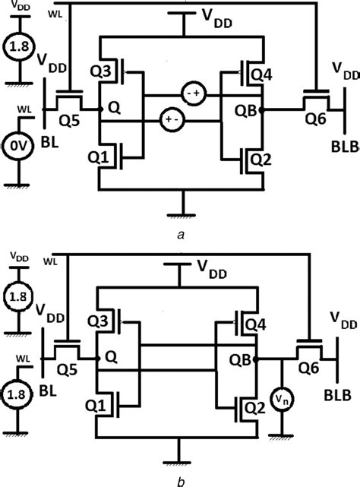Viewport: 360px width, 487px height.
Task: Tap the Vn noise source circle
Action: pyautogui.click(x=281, y=397)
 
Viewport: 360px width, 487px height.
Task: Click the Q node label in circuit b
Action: pyautogui.click(x=112, y=353)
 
